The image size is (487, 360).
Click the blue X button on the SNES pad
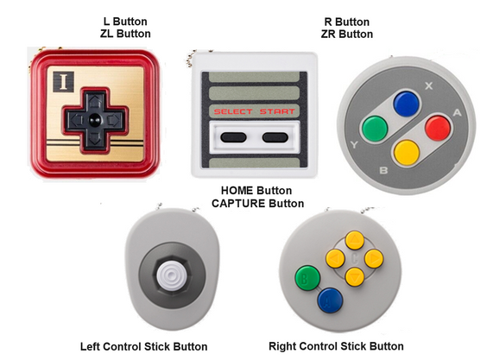pos(406,104)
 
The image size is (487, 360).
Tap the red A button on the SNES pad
pos(438,128)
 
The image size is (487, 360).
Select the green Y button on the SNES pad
pos(375,129)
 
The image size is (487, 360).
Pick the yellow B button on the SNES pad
pos(407,153)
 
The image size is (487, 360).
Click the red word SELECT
pos(233,112)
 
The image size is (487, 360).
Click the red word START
pos(277,111)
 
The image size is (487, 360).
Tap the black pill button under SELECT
pos(233,137)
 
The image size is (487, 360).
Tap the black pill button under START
pos(275,137)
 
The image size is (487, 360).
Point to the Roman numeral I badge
pos(63,82)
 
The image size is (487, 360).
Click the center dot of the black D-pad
pos(94,119)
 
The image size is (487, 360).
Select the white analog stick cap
pos(169,275)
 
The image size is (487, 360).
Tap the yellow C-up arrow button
pos(354,240)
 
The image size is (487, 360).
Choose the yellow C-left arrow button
pos(335,258)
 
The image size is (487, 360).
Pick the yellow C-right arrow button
pos(374,258)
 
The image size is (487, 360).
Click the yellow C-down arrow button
pos(354,276)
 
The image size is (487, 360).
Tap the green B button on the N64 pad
pos(307,278)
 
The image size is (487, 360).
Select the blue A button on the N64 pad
pos(330,300)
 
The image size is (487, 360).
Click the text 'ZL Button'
pos(125,34)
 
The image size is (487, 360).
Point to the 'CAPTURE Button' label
pos(258,204)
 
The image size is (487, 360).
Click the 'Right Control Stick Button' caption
pos(336,346)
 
